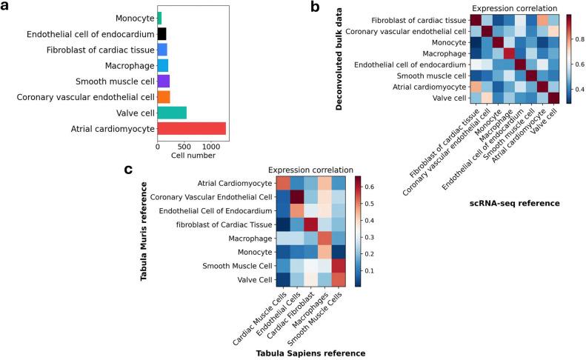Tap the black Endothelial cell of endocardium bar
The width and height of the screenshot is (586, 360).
162,34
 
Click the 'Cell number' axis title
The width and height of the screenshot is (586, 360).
192,156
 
